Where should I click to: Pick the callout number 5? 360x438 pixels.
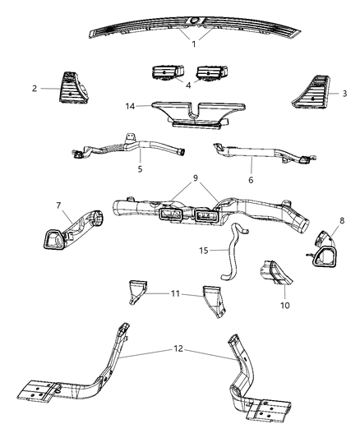click(140, 169)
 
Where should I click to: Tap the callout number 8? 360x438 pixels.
click(341, 220)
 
